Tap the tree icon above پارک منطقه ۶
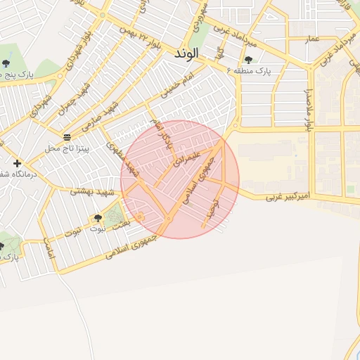(x=248, y=60)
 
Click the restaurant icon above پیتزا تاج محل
(x=66, y=137)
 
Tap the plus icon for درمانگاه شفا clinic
(x=17, y=163)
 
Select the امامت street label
(x=49, y=250)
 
